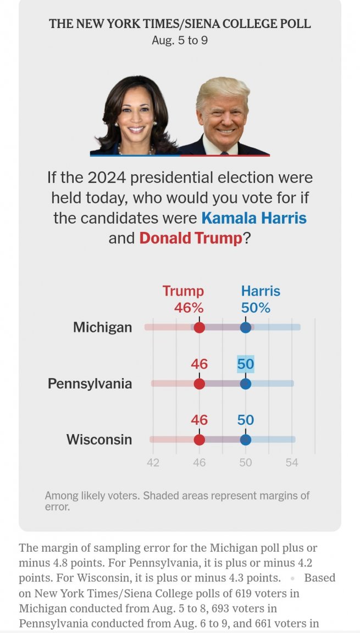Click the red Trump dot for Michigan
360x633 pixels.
(200, 327)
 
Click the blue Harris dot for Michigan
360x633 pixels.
(246, 327)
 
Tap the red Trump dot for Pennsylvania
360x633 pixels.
(200, 384)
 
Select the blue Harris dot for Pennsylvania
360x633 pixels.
(246, 384)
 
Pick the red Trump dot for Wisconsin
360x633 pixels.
(200, 440)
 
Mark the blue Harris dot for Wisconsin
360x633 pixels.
(246, 440)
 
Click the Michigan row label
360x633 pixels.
(103, 327)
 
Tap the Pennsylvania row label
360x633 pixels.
(90, 384)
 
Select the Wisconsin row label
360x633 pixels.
(99, 440)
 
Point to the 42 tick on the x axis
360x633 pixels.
(153, 463)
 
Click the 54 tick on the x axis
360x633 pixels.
(292, 463)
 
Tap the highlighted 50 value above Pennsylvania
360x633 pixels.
(246, 364)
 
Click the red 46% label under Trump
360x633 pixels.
(189, 308)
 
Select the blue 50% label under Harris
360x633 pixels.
(256, 308)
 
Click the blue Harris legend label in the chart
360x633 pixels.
(261, 291)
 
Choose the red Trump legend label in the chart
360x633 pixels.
(183, 291)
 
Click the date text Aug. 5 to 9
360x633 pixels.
(180, 41)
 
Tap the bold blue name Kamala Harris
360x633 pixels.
(254, 218)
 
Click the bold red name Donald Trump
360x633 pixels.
(191, 238)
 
